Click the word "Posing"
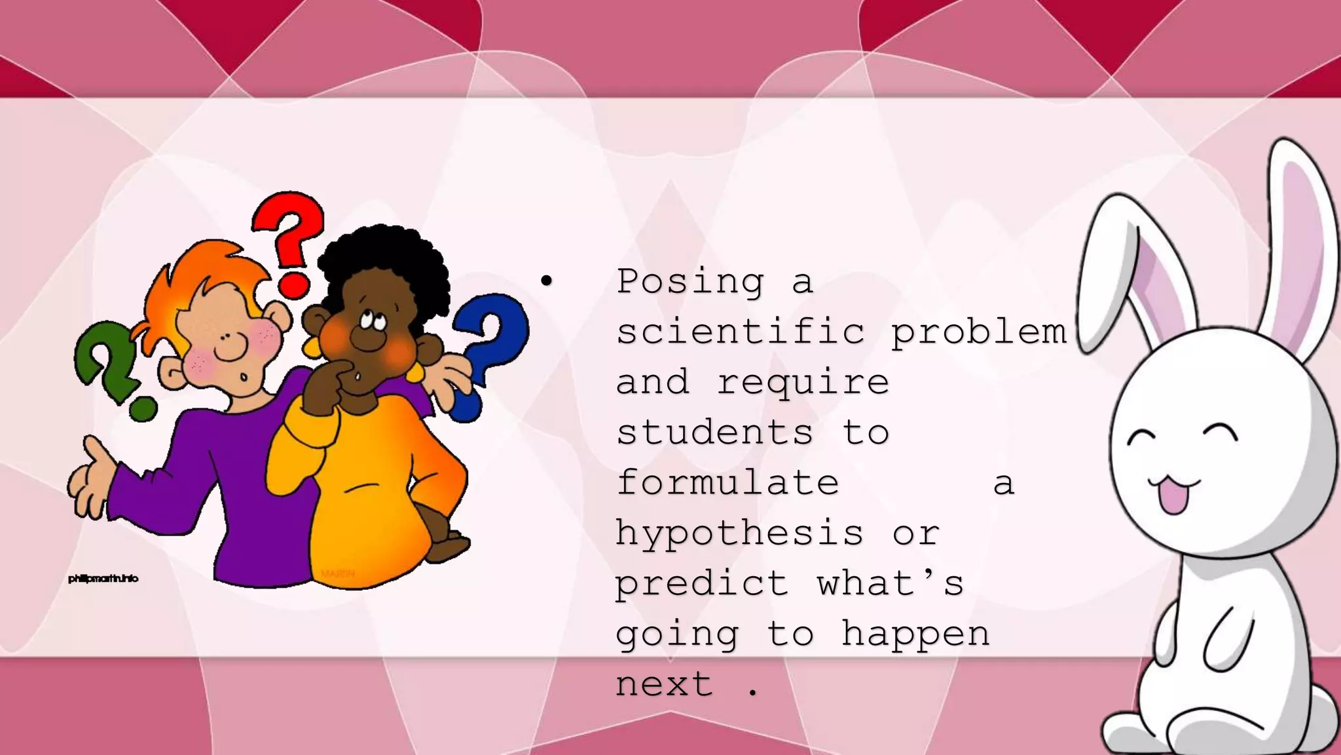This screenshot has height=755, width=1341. tap(690, 282)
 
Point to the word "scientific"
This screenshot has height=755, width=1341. tap(741, 332)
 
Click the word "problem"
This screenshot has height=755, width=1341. tap(979, 332)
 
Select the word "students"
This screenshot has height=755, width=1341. tap(715, 433)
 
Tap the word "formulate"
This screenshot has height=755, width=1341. tap(727, 483)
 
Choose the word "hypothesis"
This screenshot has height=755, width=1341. tap(740, 533)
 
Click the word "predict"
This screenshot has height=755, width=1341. tap(702, 583)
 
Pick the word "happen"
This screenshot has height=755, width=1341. tap(915, 634)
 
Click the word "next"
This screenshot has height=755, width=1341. tap(664, 684)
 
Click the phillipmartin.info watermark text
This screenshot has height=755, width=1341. tap(103, 579)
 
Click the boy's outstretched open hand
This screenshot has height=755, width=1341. tap(92, 478)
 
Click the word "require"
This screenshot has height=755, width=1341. tap(803, 382)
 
